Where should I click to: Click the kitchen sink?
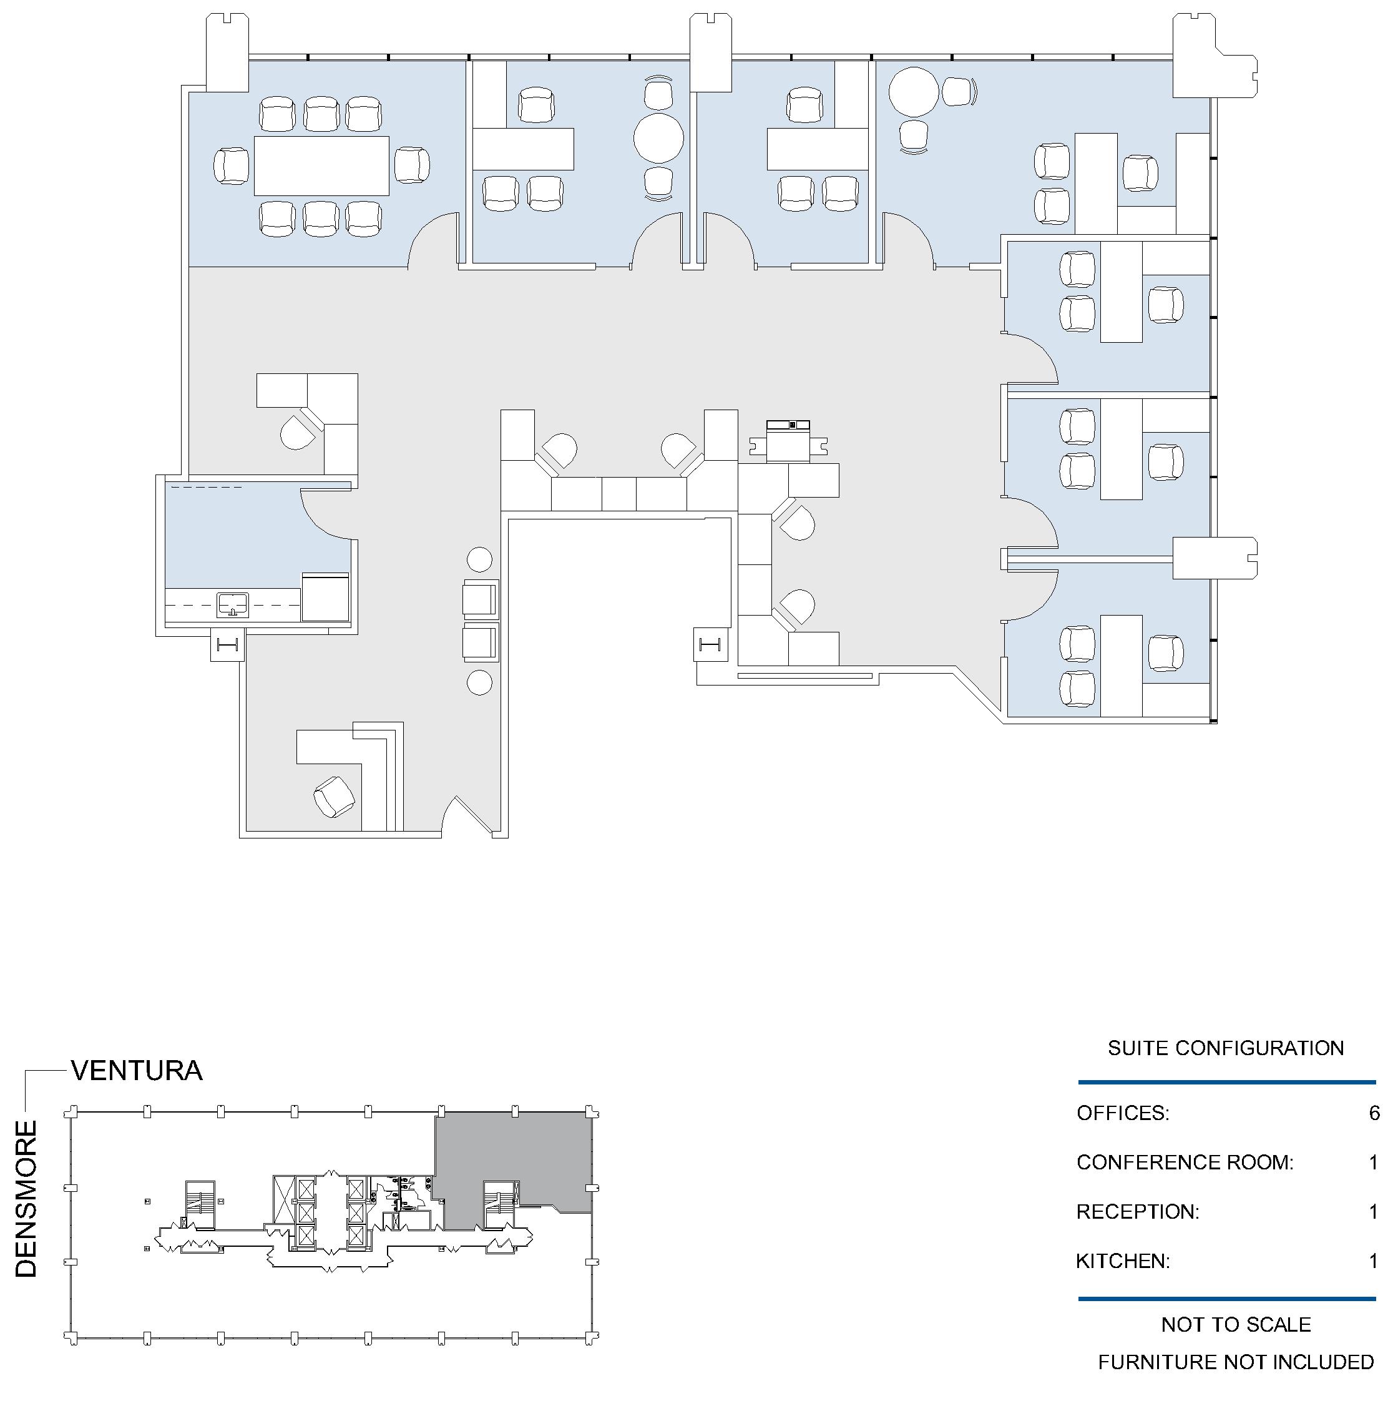tap(233, 605)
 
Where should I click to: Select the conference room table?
tap(321, 166)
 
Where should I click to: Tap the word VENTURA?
tap(137, 1071)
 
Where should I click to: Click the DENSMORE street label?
tap(26, 1199)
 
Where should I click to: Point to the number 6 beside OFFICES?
tap(1374, 1113)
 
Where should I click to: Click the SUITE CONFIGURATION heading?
tap(1226, 1048)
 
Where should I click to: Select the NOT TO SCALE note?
tap(1236, 1324)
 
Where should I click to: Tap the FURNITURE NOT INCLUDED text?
tap(1236, 1362)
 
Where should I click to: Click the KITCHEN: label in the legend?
tap(1123, 1261)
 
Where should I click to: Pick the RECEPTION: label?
tap(1138, 1212)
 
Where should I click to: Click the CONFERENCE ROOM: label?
tap(1185, 1163)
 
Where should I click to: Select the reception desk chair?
tap(335, 797)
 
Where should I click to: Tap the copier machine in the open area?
tap(788, 441)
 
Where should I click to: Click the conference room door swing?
tap(434, 240)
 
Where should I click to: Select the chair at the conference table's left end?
tap(232, 166)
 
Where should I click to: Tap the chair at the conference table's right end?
tap(412, 165)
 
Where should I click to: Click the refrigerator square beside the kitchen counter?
tap(325, 597)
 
